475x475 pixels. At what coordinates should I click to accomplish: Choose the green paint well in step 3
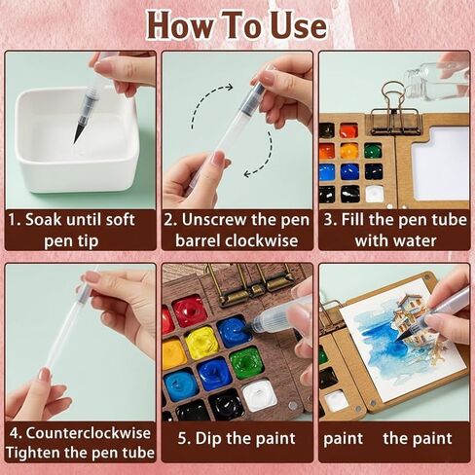pyautogui.click(x=373, y=151)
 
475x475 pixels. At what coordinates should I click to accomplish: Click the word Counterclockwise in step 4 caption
pyautogui.click(x=89, y=433)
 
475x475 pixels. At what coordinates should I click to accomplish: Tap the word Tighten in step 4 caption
pyautogui.click(x=31, y=453)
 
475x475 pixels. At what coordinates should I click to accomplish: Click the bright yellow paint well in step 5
pyautogui.click(x=201, y=343)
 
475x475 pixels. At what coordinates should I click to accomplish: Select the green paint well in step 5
pyautogui.click(x=245, y=362)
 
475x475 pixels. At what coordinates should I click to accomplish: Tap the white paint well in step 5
pyautogui.click(x=259, y=395)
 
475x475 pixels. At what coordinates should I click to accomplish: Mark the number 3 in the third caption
pyautogui.click(x=329, y=220)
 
